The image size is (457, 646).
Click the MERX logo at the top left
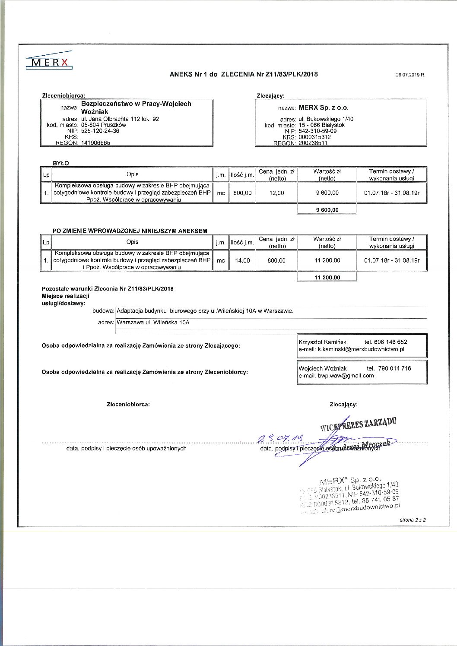point(49,62)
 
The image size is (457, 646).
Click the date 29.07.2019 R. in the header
point(410,75)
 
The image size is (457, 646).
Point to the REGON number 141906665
point(95,142)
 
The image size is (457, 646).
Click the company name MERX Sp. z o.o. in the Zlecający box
point(327,108)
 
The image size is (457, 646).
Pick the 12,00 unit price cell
point(276,193)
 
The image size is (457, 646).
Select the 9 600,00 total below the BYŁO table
point(327,210)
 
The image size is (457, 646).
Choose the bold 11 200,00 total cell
point(327,278)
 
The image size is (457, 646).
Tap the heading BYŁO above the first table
point(60,163)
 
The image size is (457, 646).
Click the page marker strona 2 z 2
point(413,520)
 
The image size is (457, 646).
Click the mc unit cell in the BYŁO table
point(221,193)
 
